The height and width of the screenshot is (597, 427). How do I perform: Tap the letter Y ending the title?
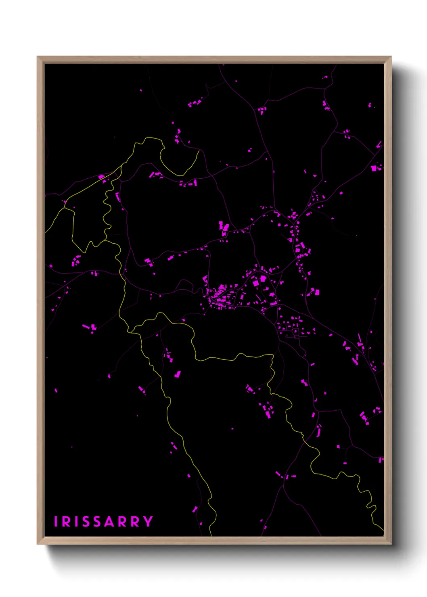pos(148,522)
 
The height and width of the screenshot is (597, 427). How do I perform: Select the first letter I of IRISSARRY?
pos(57,522)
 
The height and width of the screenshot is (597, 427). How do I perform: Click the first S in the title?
pos(86,522)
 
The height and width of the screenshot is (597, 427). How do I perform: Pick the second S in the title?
pos(98,522)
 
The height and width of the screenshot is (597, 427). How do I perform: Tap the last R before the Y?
pos(136,522)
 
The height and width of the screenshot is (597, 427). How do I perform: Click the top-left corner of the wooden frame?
pos(38,57)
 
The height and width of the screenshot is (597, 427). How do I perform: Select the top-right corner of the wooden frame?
pos(391,57)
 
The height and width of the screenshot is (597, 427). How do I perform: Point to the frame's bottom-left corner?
pos(38,544)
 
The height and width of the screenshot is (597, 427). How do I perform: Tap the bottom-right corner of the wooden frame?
pos(391,544)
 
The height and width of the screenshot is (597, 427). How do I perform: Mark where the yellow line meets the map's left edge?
pos(45,233)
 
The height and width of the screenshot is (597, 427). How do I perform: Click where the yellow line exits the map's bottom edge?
pos(211,536)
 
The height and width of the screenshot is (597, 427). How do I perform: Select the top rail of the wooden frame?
pos(214,60)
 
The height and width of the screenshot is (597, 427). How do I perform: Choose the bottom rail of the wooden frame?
pos(214,541)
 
